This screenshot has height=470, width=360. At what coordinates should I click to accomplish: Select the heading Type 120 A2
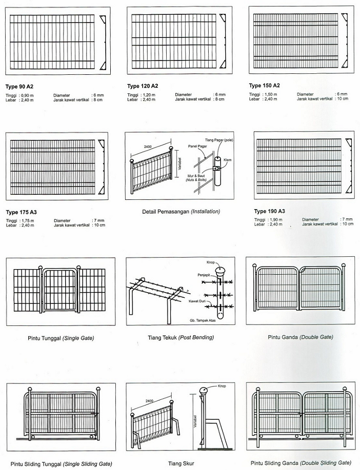pos(143,86)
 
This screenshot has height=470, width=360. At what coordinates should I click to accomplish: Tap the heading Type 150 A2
pos(264,85)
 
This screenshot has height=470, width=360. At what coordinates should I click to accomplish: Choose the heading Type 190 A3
pos(269,211)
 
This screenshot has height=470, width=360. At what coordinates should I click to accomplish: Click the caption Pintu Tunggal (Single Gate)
pos(61,338)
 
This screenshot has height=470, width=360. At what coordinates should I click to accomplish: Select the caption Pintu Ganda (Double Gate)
pos(300,337)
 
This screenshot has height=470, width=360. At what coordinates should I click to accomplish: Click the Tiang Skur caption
pos(180,462)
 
